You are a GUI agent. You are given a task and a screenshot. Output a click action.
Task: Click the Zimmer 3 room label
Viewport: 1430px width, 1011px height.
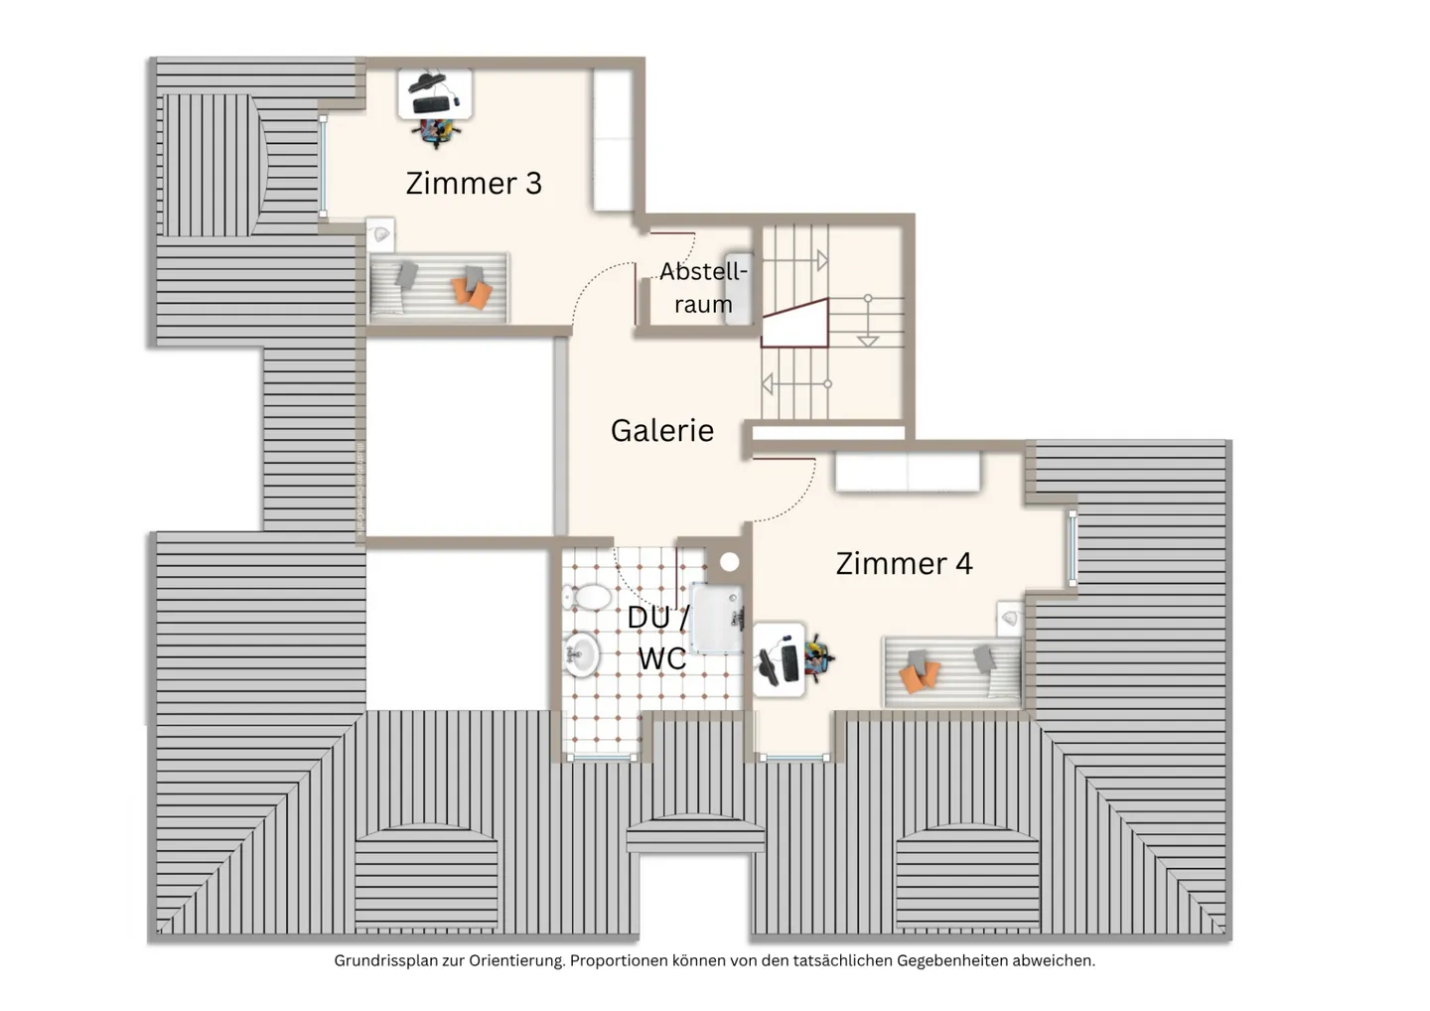pos(474,183)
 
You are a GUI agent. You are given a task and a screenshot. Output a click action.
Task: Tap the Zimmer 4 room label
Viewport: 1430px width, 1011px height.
pos(904,563)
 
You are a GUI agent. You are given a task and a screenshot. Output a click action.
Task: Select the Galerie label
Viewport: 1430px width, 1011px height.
pos(661,430)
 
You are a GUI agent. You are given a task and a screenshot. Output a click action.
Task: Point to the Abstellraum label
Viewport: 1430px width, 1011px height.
pos(703,287)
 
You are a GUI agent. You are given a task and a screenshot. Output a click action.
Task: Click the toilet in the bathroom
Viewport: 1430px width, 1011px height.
pos(587,598)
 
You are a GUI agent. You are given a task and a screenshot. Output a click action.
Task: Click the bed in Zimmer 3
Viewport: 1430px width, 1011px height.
pos(439,286)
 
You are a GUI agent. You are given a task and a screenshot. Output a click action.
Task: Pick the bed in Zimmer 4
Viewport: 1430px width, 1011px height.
pos(951,670)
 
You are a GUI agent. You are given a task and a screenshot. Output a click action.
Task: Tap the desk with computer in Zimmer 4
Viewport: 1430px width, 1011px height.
pos(780,656)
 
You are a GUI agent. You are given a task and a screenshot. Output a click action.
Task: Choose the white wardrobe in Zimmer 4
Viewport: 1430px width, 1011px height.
pos(908,472)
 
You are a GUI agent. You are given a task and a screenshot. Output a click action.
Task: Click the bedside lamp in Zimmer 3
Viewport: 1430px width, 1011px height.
pos(380,234)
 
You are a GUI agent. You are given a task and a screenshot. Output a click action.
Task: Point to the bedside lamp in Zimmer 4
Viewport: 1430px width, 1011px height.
pos(1010,618)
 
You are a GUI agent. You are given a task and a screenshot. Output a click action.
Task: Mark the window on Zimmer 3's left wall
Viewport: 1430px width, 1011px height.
pos(323,166)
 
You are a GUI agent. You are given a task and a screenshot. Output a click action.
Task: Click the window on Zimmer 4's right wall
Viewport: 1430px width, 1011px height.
pos(1072,546)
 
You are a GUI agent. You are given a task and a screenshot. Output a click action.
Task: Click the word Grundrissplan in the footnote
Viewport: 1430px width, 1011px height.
pos(380,960)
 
